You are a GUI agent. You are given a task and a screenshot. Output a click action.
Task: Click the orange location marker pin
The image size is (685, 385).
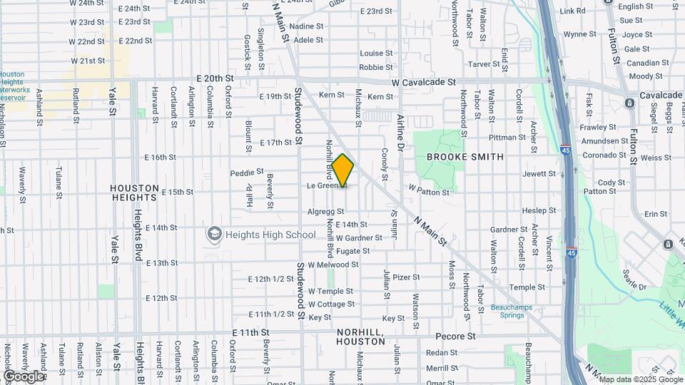(x=343, y=170)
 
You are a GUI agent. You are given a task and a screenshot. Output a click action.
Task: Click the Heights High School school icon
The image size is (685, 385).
(x=213, y=234)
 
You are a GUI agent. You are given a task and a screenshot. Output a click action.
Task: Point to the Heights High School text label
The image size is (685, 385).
(x=270, y=235)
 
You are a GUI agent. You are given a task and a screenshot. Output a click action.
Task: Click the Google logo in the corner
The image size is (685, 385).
(x=23, y=376)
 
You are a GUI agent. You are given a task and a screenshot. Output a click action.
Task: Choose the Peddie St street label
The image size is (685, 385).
(x=247, y=173)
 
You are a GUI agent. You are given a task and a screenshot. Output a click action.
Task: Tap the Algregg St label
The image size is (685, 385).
(x=325, y=212)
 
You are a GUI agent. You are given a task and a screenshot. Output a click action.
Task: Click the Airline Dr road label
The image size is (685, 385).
(x=401, y=132)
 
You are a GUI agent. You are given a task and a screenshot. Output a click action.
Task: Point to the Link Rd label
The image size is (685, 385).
(x=572, y=11)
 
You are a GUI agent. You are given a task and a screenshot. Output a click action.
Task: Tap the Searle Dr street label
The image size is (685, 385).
(x=633, y=287)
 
